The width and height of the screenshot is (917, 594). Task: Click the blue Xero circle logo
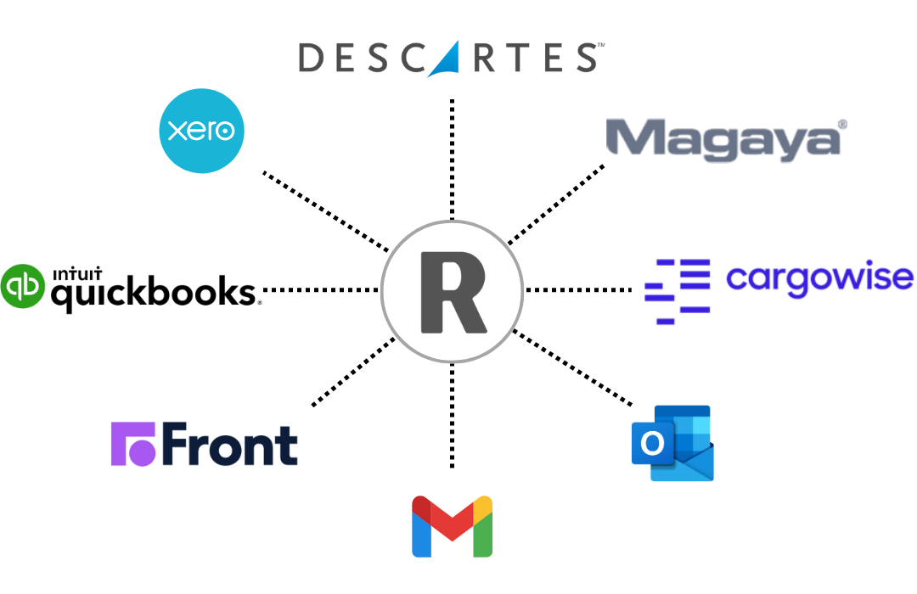click(202, 131)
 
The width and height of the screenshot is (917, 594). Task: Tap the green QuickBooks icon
click(23, 286)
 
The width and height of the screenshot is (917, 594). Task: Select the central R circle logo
click(452, 291)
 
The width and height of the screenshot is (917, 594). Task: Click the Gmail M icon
click(453, 526)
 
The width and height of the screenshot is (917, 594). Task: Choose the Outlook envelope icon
click(672, 444)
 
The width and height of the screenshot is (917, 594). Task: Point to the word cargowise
click(819, 277)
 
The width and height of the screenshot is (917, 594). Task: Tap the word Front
click(229, 445)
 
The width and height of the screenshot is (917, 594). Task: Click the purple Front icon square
click(133, 444)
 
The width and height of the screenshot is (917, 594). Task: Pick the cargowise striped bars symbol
click(678, 291)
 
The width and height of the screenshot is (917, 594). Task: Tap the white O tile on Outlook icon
click(652, 444)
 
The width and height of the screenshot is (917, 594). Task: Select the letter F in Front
click(176, 444)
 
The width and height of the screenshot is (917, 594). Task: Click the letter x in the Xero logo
click(177, 132)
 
